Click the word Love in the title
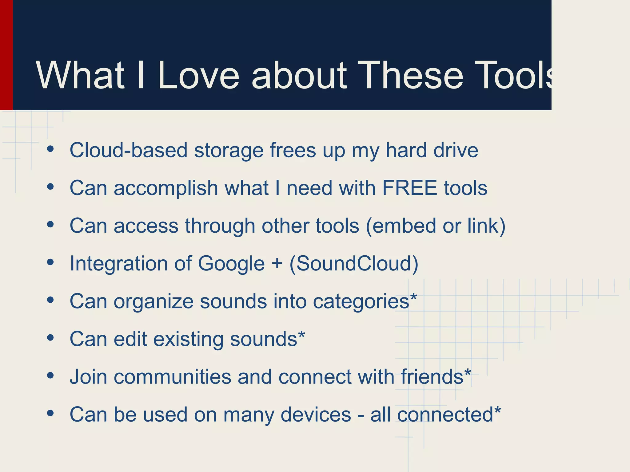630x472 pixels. (x=198, y=75)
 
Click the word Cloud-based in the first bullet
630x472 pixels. (x=128, y=150)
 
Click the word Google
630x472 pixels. (x=231, y=264)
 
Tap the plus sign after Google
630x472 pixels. (x=277, y=264)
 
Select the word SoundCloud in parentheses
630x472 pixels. (x=354, y=264)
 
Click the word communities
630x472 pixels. (x=172, y=377)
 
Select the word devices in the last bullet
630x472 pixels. (x=316, y=415)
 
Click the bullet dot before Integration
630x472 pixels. (x=50, y=262)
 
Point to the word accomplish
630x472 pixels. (x=166, y=188)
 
